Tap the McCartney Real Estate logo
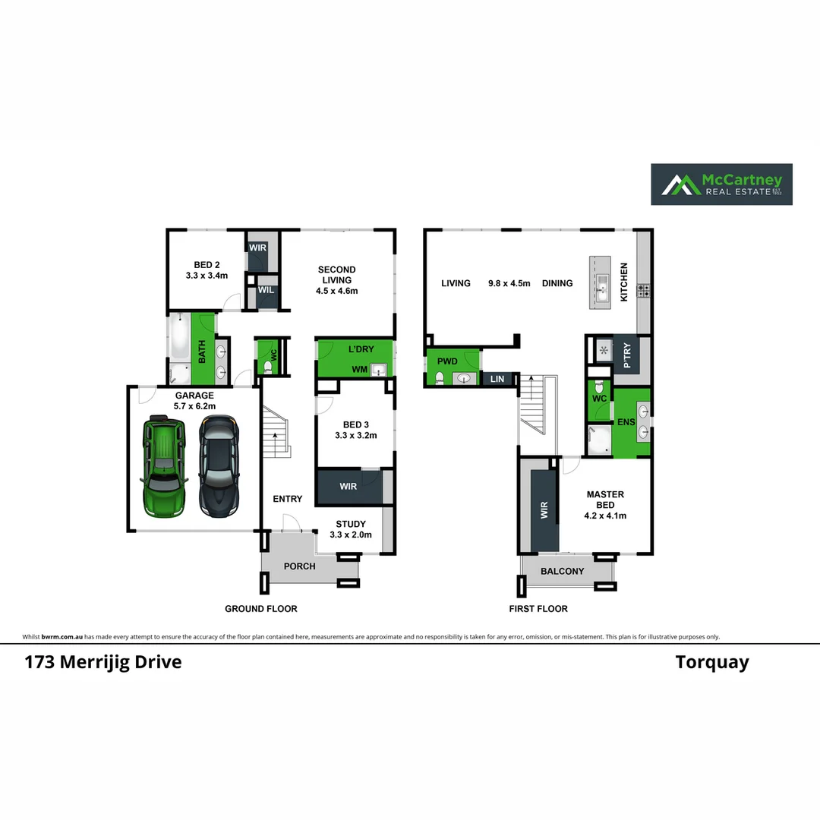[721, 184]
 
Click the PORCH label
[299, 566]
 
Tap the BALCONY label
[563, 571]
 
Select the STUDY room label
[350, 528]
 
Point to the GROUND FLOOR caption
[260, 608]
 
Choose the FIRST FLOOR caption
[538, 608]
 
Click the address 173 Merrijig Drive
[103, 661]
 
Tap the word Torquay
[712, 662]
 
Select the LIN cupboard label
[497, 378]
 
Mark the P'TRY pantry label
[627, 355]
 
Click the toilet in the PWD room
[439, 378]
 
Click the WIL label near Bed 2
[265, 290]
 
